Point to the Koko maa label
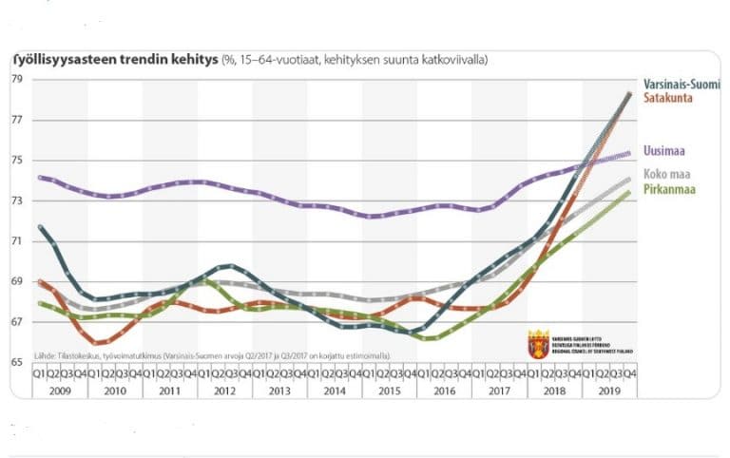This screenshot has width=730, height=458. pyautogui.click(x=666, y=175)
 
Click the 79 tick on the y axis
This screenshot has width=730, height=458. pyautogui.click(x=16, y=79)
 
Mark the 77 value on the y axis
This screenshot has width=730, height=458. pyautogui.click(x=16, y=120)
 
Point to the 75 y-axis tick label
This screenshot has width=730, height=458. pyautogui.click(x=16, y=161)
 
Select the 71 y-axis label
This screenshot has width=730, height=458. pyautogui.click(x=16, y=241)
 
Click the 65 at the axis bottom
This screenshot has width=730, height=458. pyautogui.click(x=16, y=362)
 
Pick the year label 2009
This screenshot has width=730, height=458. pyautogui.click(x=59, y=390)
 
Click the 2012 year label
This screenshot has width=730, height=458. pyautogui.click(x=224, y=390)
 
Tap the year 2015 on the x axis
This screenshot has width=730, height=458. pyautogui.click(x=390, y=390)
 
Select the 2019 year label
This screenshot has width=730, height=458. pyautogui.click(x=610, y=390)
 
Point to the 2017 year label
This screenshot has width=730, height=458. pyautogui.click(x=500, y=390)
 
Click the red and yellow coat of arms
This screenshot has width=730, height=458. pyautogui.click(x=538, y=344)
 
